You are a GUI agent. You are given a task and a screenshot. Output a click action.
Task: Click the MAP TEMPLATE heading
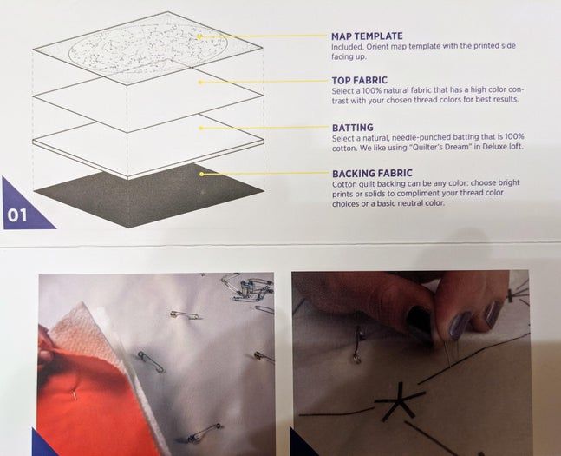click(367, 36)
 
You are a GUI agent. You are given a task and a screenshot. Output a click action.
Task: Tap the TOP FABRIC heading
click(360, 80)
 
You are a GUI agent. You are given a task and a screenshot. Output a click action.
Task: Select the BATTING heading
click(353, 128)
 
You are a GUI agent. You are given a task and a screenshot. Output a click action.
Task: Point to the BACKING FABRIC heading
click(372, 174)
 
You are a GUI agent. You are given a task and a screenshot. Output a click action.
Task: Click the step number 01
click(17, 215)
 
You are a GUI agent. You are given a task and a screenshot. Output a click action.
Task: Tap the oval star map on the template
click(148, 47)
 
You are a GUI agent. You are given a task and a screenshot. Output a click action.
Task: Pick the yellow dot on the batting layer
click(201, 128)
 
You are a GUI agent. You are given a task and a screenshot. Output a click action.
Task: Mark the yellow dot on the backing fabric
click(201, 174)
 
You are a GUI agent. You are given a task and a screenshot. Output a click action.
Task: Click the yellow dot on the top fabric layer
click(200, 83)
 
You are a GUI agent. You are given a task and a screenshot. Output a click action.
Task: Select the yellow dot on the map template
click(199, 36)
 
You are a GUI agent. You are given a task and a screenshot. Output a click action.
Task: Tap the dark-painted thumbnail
click(420, 316)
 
